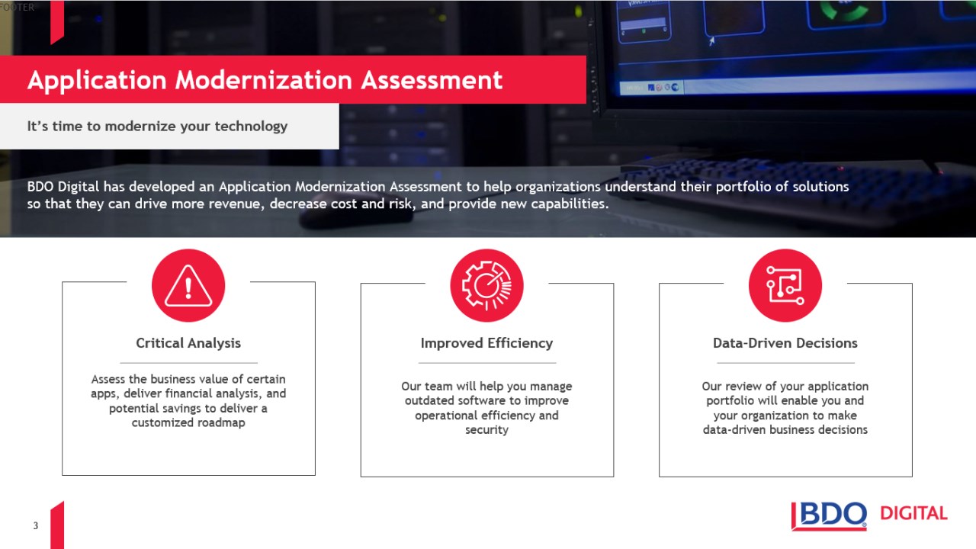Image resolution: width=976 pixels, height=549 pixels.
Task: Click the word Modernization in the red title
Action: (x=263, y=80)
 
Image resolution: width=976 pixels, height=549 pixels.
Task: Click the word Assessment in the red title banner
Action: (x=432, y=80)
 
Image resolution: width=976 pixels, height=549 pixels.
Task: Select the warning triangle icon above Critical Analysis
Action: (x=188, y=285)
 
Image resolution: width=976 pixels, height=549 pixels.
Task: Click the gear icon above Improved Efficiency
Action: (x=486, y=285)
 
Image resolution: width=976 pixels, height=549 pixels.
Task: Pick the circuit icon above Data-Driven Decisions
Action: (x=785, y=285)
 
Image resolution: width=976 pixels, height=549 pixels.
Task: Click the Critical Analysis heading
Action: (x=188, y=343)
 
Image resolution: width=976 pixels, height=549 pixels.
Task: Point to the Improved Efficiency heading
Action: (x=486, y=343)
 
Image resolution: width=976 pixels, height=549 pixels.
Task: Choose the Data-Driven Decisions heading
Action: (x=785, y=343)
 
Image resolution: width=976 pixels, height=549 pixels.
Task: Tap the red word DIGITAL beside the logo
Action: (x=913, y=513)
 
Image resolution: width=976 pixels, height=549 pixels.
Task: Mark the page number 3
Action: (x=36, y=525)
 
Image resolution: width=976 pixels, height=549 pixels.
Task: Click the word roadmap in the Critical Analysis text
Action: (x=221, y=422)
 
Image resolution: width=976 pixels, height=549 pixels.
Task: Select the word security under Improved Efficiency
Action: (x=486, y=430)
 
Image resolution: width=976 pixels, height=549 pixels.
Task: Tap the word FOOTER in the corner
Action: (x=17, y=7)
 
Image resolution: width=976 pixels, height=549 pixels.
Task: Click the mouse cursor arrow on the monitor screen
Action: (x=711, y=41)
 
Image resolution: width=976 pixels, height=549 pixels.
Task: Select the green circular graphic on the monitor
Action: (x=845, y=10)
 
